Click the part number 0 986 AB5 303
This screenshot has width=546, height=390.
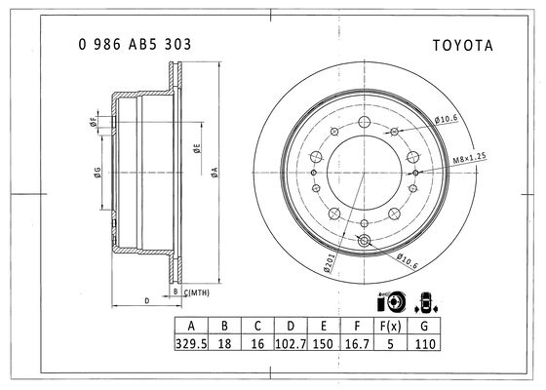(x=136, y=45)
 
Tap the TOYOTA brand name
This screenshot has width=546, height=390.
(x=463, y=46)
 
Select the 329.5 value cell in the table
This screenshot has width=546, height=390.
(x=191, y=343)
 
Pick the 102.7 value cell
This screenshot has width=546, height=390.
(x=291, y=343)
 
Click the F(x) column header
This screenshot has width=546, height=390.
(x=390, y=327)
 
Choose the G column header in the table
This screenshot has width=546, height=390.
(x=424, y=327)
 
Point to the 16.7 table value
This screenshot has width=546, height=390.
(x=357, y=343)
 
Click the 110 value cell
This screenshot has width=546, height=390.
(x=425, y=344)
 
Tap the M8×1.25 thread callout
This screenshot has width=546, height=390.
(x=469, y=158)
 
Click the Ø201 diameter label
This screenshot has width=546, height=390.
(x=329, y=262)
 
